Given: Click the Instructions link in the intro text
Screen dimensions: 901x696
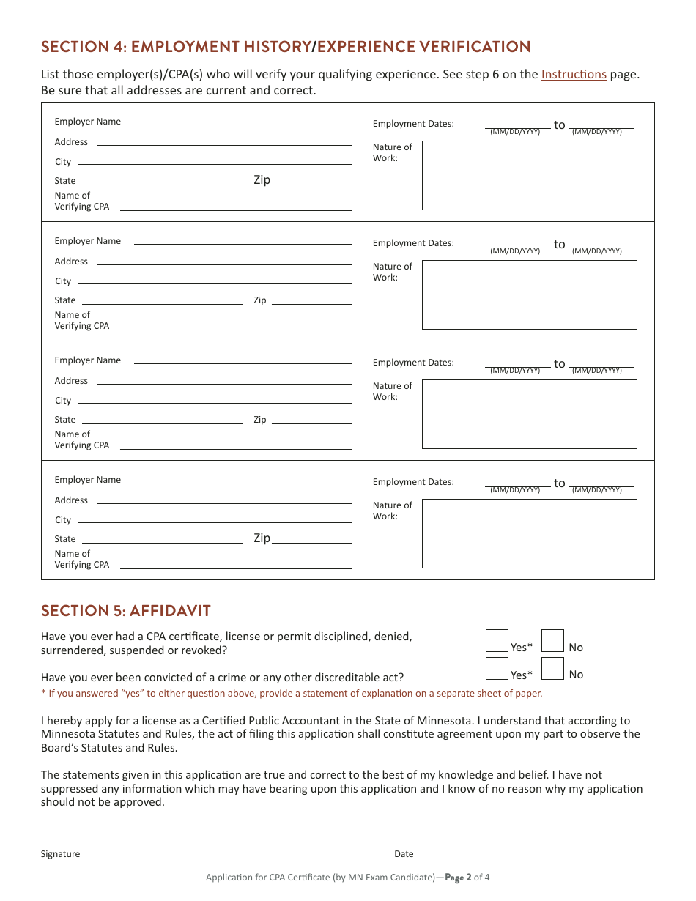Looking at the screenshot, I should pos(574,75).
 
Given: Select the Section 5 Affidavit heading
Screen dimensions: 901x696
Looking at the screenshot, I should pos(126,611).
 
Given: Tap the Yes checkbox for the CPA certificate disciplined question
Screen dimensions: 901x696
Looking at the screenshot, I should pos(497,641).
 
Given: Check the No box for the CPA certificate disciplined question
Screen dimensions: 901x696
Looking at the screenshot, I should pos(552,641).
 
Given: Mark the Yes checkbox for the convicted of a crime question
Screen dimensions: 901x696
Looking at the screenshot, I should pos(497,668).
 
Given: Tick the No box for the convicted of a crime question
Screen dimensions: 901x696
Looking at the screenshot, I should pos(552,668).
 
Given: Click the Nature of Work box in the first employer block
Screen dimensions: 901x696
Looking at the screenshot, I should pos(529,175).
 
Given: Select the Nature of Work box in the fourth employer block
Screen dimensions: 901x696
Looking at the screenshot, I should pos(529,533).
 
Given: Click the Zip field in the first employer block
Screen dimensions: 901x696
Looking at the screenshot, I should pos(311,180).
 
